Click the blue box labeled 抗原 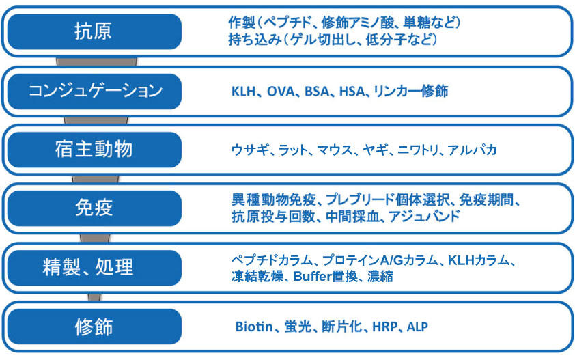(x=94, y=31)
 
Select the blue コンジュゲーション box (x=94, y=92)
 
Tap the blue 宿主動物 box (x=94, y=150)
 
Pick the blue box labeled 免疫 (x=94, y=208)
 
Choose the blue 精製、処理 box (x=94, y=268)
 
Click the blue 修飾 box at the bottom (x=94, y=327)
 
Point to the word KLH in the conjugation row (x=244, y=92)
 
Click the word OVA (x=281, y=92)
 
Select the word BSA (x=317, y=92)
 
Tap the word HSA (x=352, y=92)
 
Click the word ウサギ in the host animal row (x=250, y=150)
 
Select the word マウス (x=335, y=150)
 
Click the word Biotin (x=254, y=327)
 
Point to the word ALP (x=417, y=327)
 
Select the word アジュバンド (x=424, y=217)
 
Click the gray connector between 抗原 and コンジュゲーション (x=96, y=61)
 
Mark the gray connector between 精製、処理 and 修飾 (x=94, y=297)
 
